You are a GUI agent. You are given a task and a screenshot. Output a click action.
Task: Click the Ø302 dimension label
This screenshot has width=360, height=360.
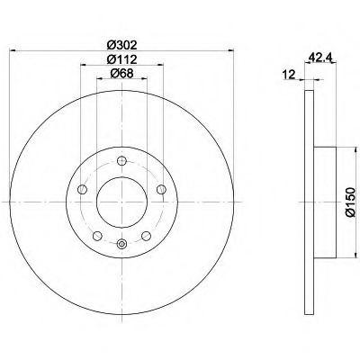(x=121, y=45)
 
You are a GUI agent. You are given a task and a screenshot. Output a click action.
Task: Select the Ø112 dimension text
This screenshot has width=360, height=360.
(x=121, y=59)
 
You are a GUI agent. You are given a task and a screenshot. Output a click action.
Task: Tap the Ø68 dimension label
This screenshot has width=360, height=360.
(x=121, y=73)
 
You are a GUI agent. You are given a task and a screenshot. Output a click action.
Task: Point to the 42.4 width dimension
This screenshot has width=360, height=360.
(x=319, y=58)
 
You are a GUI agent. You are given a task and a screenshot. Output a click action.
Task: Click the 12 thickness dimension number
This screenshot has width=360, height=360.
(x=289, y=75)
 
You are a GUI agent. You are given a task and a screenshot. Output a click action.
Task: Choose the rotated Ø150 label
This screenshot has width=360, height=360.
(x=350, y=202)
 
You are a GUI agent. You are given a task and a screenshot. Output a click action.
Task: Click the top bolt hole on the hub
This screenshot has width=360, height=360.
(x=121, y=161)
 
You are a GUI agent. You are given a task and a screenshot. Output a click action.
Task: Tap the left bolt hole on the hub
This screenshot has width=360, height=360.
(x=82, y=189)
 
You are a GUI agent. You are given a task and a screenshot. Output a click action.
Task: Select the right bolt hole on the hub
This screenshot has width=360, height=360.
(x=161, y=189)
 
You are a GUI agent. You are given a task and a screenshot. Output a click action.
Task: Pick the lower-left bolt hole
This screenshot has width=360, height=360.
(x=97, y=236)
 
